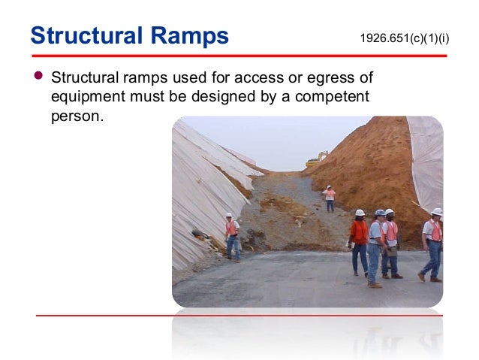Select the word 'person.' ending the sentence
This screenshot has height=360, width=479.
[75, 116]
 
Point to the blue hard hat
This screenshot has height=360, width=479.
[380, 213]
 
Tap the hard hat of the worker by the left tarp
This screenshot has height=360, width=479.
[228, 216]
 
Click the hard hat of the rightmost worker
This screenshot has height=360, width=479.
[436, 212]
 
